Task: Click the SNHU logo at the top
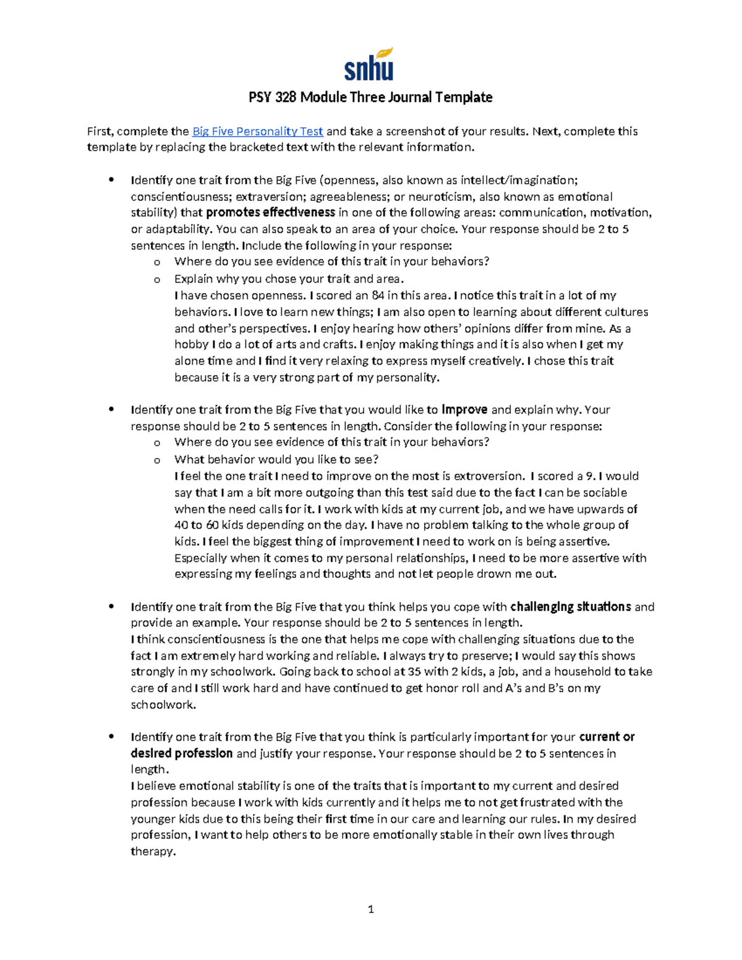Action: (x=369, y=65)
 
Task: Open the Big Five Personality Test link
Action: (x=258, y=131)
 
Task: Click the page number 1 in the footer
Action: (x=370, y=909)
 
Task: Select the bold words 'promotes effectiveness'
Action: (x=270, y=213)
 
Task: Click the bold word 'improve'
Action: (x=464, y=409)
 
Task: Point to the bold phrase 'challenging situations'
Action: (x=570, y=606)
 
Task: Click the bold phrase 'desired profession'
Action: (x=182, y=753)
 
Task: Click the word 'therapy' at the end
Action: (x=152, y=851)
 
